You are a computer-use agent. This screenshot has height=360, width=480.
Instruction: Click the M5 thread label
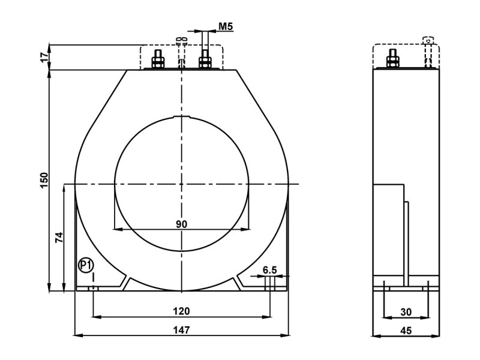[x=226, y=26]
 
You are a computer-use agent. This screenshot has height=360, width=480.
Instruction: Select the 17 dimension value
[x=44, y=57]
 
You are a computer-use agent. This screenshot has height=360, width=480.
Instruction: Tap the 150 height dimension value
[x=44, y=181]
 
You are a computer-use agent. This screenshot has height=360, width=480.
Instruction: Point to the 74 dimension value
[x=59, y=237]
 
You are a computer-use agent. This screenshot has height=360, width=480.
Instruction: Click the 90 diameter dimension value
[x=181, y=224]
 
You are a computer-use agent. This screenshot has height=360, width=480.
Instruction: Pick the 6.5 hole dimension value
[x=269, y=270]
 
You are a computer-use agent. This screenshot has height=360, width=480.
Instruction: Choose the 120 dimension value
[x=181, y=311]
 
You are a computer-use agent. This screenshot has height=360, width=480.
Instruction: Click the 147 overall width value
[x=181, y=330]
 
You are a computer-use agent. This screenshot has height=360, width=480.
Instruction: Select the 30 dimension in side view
[x=406, y=312]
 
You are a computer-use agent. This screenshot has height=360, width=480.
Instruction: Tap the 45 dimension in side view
[x=406, y=331]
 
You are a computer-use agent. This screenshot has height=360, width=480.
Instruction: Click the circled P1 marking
[x=86, y=265]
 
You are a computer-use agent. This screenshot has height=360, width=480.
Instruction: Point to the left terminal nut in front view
[x=158, y=62]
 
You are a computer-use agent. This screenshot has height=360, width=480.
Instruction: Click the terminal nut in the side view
[x=392, y=61]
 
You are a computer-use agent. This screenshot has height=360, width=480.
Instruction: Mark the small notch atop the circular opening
[x=182, y=116]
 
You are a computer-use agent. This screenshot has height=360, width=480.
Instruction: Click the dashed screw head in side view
[x=428, y=40]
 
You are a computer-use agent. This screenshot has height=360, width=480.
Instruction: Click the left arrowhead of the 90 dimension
[x=118, y=229]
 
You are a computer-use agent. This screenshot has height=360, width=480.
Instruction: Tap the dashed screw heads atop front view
[x=181, y=40]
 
